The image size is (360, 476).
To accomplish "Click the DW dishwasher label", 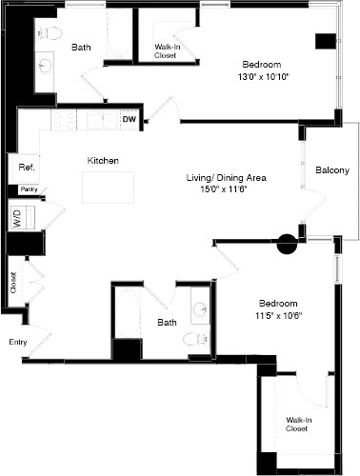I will pyautogui.click(x=130, y=120).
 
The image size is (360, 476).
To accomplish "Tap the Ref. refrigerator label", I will pyautogui.click(x=26, y=168).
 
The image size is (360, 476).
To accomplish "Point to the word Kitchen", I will pyautogui.click(x=103, y=161).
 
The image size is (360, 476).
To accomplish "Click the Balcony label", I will pyautogui.click(x=330, y=170).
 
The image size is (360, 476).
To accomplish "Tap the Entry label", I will pyautogui.click(x=18, y=341).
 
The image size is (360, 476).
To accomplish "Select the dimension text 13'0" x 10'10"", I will pyautogui.click(x=261, y=78).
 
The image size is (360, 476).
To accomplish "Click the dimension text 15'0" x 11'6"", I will pyautogui.click(x=225, y=190).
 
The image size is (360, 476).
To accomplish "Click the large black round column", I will pyautogui.click(x=287, y=246).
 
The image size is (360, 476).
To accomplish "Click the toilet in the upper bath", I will pyautogui.click(x=54, y=33).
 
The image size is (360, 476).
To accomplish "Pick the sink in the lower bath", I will pyautogui.click(x=200, y=308).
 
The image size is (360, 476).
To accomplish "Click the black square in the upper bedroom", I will pyautogui.click(x=326, y=42).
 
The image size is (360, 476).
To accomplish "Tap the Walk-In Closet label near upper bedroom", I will pyautogui.click(x=170, y=51).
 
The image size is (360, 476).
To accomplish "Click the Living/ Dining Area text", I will pyautogui.click(x=225, y=178).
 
